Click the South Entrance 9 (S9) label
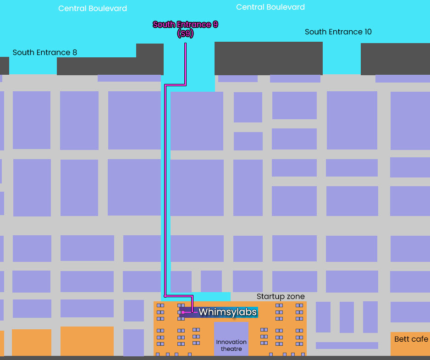pyautogui.click(x=185, y=29)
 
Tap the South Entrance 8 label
pyautogui.click(x=44, y=52)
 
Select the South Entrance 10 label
pyautogui.click(x=338, y=32)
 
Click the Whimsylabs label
pyautogui.click(x=227, y=312)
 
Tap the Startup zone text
pyautogui.click(x=281, y=297)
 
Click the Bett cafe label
pyautogui.click(x=411, y=339)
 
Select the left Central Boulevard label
pyautogui.click(x=93, y=9)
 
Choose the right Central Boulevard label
pyautogui.click(x=270, y=7)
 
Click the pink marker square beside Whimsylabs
pyautogui.click(x=183, y=312)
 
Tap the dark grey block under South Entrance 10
pyautogui.click(x=268, y=58)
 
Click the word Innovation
pyautogui.click(x=232, y=342)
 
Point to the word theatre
pyautogui.click(x=232, y=349)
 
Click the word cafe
pyautogui.click(x=420, y=339)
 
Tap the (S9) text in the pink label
pyautogui.click(x=185, y=34)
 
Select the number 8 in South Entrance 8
pyautogui.click(x=74, y=52)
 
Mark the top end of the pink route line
pyautogui.click(x=185, y=44)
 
